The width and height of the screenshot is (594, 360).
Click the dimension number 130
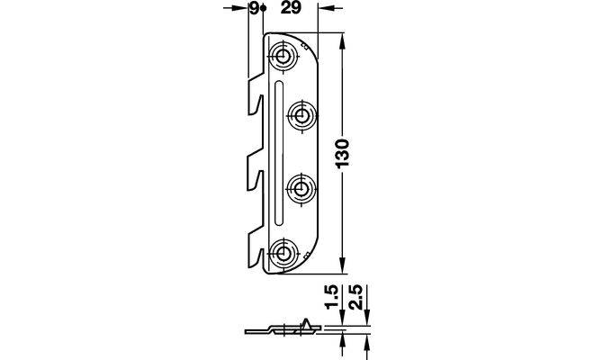coord(343,154)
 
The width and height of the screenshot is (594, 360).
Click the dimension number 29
coord(291,7)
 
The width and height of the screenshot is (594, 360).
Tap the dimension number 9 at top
coord(255,7)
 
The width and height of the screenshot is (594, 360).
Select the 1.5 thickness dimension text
coord(332,298)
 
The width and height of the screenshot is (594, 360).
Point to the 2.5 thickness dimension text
coord(356,298)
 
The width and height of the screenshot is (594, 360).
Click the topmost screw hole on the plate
coord(281,58)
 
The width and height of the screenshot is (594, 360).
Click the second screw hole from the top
coord(301,115)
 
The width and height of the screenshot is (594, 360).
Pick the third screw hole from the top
coord(301,188)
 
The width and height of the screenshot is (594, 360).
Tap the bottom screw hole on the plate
coord(281,252)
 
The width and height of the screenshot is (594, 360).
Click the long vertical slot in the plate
coord(278,153)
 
